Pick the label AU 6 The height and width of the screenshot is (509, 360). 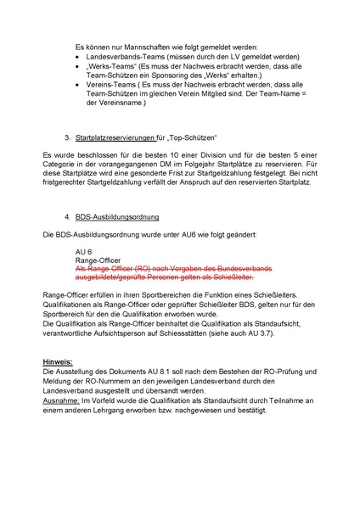(84, 252)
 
